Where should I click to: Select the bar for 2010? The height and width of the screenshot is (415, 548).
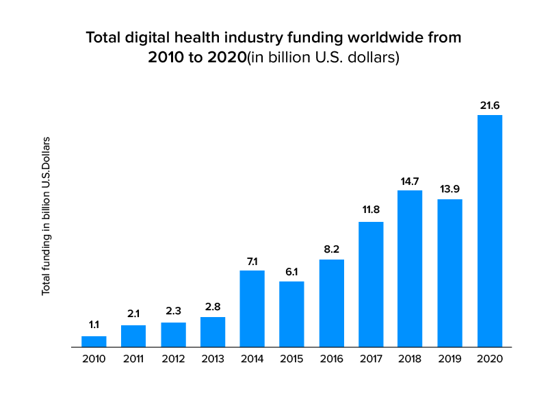point(94,342)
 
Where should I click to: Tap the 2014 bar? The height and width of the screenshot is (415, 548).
point(252,309)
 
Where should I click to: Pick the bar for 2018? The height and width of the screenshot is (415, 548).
point(410,268)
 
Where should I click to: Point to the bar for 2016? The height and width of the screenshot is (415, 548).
point(331,303)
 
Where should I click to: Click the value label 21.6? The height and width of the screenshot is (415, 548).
point(490,105)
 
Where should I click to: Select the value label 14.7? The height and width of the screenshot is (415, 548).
point(410,181)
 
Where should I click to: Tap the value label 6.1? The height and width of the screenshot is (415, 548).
point(291,272)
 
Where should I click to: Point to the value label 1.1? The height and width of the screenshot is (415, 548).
point(94,325)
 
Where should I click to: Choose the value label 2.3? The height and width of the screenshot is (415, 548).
point(173,312)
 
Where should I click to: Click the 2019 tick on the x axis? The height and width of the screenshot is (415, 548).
point(450,359)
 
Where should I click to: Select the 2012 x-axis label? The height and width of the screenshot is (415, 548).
point(173,359)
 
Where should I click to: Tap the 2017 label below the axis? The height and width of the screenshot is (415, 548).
point(371,359)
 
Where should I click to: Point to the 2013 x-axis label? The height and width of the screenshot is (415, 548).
point(213,359)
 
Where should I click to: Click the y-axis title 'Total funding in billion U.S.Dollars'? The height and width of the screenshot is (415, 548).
point(47,216)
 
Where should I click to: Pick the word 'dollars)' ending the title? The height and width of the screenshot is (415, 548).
point(375,58)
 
